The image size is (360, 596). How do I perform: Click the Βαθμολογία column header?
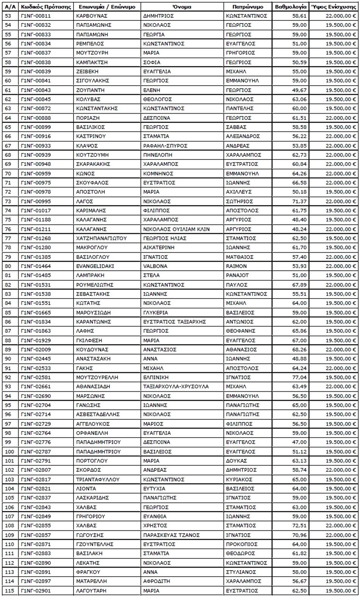point(291,7)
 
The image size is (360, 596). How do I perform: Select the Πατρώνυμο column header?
point(248,7)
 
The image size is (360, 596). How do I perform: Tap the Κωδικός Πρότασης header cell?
point(46,7)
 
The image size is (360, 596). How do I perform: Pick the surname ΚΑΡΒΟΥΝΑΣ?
point(92,16)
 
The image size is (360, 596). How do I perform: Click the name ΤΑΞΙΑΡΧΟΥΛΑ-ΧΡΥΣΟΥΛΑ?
point(176,386)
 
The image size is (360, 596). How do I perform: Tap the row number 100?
point(9,452)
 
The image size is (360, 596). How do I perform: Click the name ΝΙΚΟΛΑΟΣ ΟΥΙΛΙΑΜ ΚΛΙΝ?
point(176,229)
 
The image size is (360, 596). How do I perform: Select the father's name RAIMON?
point(236,266)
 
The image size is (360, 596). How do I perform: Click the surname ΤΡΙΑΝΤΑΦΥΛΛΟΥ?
point(98,479)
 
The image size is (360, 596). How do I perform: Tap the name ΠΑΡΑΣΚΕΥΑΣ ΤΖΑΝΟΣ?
point(171,535)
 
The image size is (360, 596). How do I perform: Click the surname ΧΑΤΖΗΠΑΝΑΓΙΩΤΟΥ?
point(101,238)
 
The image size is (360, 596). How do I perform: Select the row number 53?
point(8,16)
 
